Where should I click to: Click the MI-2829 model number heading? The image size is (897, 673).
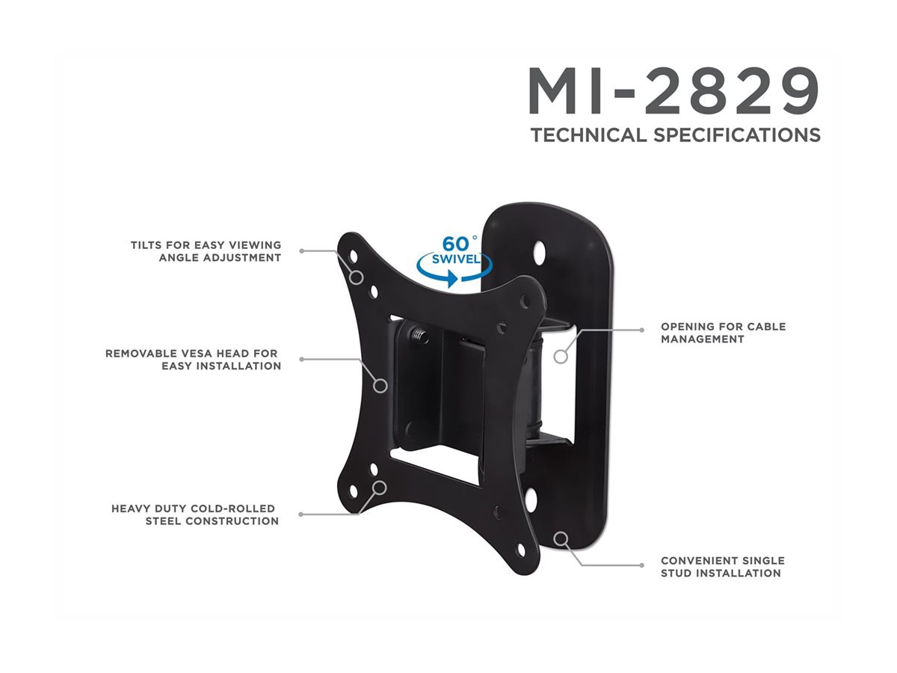tap(673, 90)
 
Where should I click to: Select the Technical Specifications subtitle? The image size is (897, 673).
tap(675, 135)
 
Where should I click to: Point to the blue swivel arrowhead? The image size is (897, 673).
tap(451, 279)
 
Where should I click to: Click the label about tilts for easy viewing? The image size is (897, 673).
tap(206, 251)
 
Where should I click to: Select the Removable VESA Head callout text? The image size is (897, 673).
tap(193, 359)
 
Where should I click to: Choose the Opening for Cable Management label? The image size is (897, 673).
tap(723, 333)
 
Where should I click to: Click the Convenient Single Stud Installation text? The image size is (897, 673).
tap(722, 567)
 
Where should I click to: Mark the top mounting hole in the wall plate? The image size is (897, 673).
tap(545, 248)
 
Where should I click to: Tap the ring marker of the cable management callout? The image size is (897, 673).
tap(561, 356)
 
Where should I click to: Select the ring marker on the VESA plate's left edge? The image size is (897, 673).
tap(380, 386)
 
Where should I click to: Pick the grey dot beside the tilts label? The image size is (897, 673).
tap(302, 251)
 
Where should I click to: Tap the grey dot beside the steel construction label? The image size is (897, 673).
tap(301, 514)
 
